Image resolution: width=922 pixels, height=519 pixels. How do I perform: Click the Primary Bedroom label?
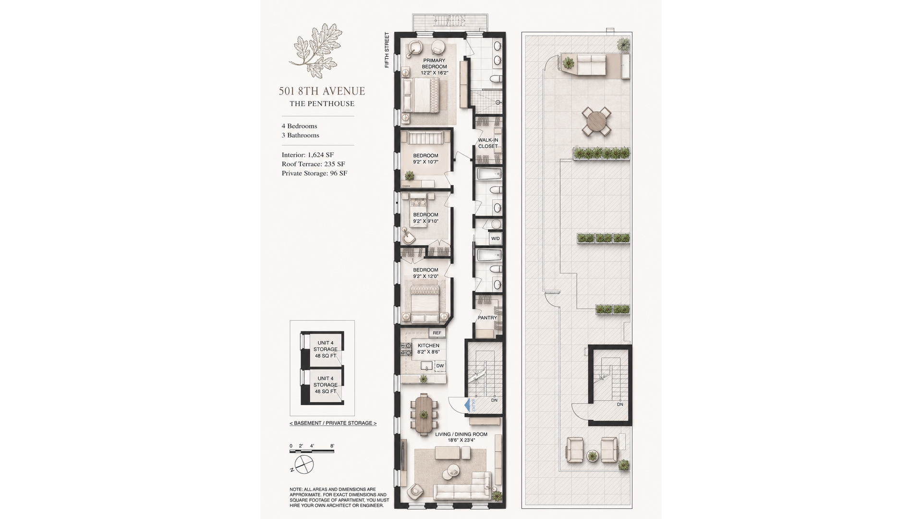point(434,67)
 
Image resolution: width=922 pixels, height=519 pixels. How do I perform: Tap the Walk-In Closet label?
point(488,143)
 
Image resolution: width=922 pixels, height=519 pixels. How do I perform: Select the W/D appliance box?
point(495,238)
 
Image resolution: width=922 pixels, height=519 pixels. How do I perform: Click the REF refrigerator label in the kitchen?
point(437,333)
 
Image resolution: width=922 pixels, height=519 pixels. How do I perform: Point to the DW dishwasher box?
point(440,366)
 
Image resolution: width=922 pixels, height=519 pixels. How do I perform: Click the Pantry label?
point(487,318)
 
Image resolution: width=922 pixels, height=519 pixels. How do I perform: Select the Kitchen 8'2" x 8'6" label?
point(428,348)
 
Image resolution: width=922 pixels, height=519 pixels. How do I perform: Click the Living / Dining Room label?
point(461,437)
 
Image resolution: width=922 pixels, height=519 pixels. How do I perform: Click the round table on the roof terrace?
point(597,121)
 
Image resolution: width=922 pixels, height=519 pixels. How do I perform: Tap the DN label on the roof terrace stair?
point(620,404)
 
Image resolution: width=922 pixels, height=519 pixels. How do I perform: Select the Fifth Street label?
point(387,50)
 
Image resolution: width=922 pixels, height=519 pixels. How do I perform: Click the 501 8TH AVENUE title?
point(322,91)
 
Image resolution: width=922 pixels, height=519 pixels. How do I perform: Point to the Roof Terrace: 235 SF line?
point(313,164)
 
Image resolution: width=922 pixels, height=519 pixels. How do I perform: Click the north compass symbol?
point(303,464)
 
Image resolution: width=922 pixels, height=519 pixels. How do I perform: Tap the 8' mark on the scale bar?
point(332,446)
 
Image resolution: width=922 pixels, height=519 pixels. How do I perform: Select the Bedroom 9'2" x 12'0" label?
point(425,273)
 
